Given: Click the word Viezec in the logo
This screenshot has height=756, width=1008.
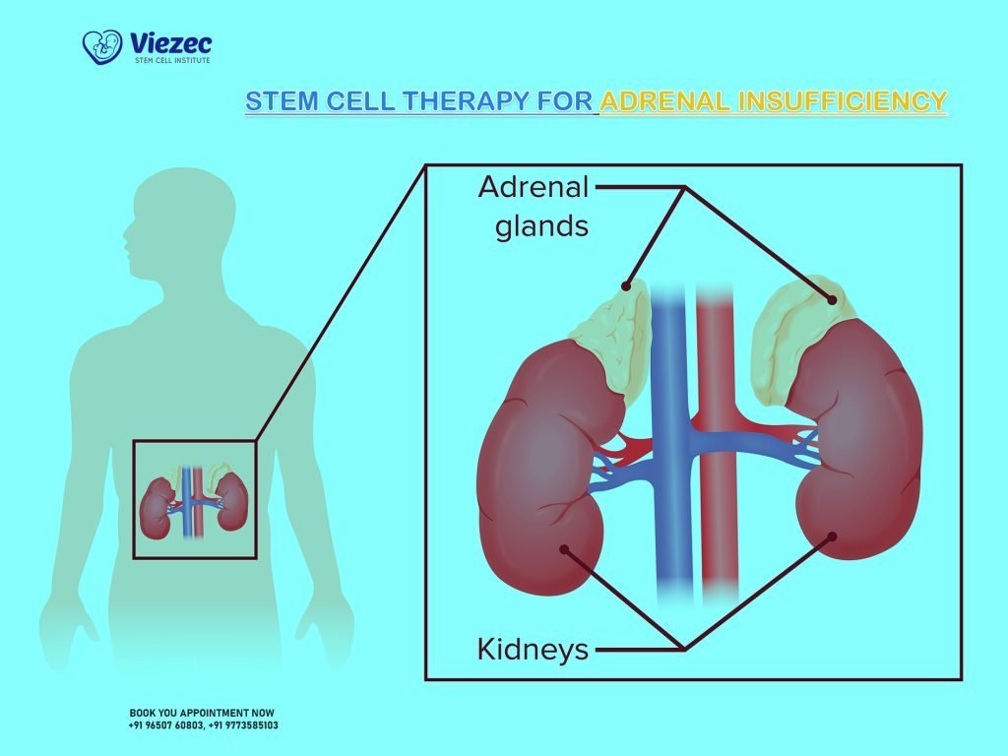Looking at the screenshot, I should click(x=169, y=42).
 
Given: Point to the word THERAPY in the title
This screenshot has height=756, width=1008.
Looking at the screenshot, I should click(x=483, y=101).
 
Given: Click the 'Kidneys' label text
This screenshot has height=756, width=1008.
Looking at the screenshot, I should click(x=533, y=649).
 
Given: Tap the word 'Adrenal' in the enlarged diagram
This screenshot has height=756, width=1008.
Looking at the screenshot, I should click(x=533, y=186).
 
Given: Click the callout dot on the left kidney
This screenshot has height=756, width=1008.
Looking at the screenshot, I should click(x=562, y=550).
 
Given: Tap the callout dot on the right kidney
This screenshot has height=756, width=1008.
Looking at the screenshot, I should click(x=833, y=536).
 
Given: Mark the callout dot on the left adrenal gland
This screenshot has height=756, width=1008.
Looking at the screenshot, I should click(x=625, y=286).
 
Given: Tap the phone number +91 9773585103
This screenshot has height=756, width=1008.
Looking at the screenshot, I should click(x=243, y=725).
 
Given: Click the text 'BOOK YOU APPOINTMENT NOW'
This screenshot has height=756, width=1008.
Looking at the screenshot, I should click(x=202, y=713).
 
